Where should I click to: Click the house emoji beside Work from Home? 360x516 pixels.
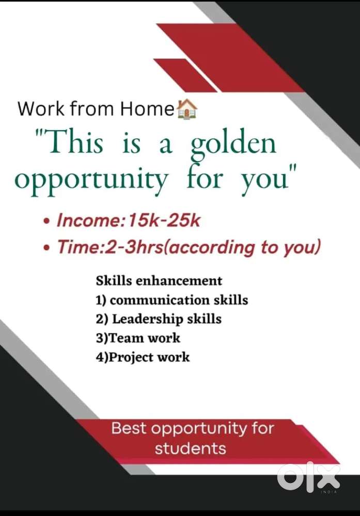pyautogui.click(x=187, y=108)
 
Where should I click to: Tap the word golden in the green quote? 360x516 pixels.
pyautogui.click(x=233, y=146)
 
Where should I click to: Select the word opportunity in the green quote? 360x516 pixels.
pyautogui.click(x=91, y=180)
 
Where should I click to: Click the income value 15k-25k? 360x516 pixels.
pyautogui.click(x=164, y=220)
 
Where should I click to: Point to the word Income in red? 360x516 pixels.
pyautogui.click(x=89, y=220)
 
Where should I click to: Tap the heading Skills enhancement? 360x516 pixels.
pyautogui.click(x=159, y=281)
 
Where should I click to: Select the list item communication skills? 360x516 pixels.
pyautogui.click(x=179, y=300)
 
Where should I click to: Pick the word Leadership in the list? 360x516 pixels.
pyautogui.click(x=148, y=319)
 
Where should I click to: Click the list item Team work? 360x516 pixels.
pyautogui.click(x=144, y=338)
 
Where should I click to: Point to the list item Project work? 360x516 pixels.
pyautogui.click(x=149, y=358)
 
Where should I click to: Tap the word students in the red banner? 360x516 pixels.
pyautogui.click(x=191, y=448)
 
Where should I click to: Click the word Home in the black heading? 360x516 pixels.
pyautogui.click(x=147, y=108)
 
